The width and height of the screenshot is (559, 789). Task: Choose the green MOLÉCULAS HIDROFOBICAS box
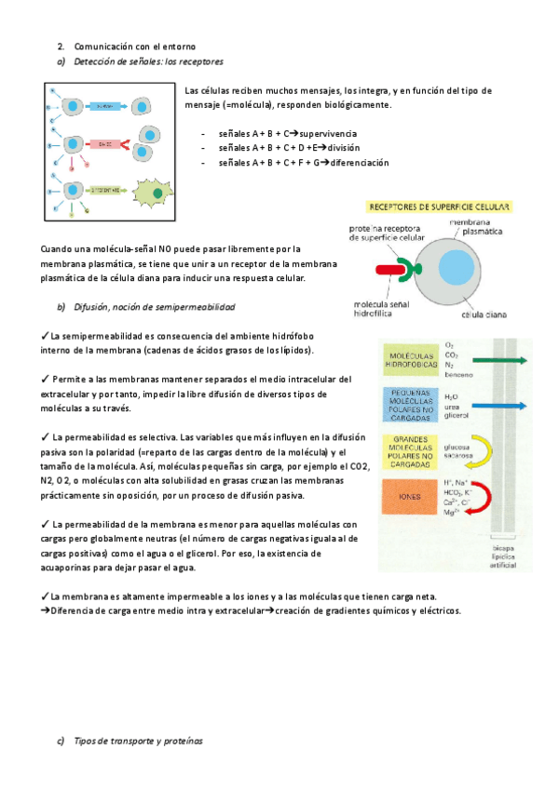(411, 360)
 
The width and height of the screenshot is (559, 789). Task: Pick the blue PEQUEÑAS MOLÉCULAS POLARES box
(411, 407)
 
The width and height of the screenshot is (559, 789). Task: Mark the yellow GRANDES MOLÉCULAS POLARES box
(411, 450)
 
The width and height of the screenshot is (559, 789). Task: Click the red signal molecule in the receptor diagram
(387, 272)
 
